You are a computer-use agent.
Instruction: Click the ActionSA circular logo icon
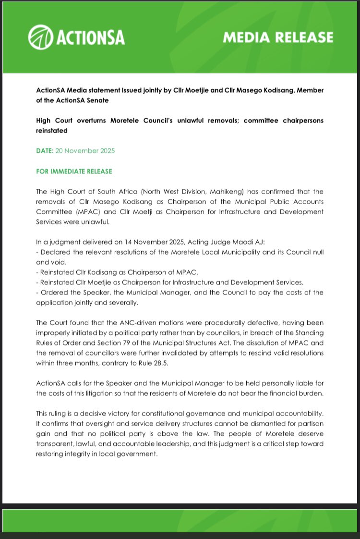pyautogui.click(x=41, y=37)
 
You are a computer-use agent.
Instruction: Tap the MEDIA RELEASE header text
pyautogui.click(x=278, y=37)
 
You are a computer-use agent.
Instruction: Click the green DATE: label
pyautogui.click(x=45, y=151)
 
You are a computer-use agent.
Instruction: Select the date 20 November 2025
pyautogui.click(x=85, y=151)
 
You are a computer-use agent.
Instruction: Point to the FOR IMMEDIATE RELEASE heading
pyautogui.click(x=74, y=171)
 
